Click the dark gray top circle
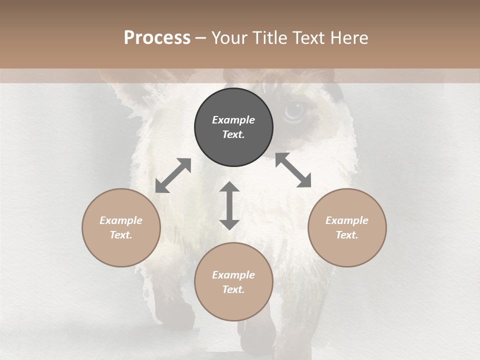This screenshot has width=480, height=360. point(233,127)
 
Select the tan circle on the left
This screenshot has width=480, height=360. point(121,227)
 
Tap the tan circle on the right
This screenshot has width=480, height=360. point(347,227)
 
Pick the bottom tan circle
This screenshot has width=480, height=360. point(233,282)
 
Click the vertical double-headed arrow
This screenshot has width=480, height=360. point(229,205)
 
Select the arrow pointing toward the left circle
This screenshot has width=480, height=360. point(173,175)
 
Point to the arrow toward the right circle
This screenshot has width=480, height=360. point(293,170)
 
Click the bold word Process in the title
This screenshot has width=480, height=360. point(157,38)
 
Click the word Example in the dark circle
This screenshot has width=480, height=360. point(233,120)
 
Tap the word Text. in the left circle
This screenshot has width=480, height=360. point(121,235)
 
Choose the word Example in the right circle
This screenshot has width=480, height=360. point(347,220)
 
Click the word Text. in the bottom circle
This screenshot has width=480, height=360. point(233,289)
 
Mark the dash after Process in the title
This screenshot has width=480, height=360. point(200,38)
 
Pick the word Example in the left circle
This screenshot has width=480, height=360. point(121,220)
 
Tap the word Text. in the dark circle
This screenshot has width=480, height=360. point(233,134)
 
